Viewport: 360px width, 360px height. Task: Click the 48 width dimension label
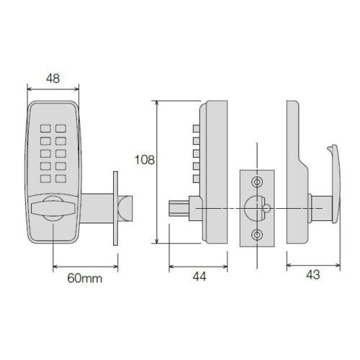[53, 78]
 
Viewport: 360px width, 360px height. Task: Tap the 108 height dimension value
[145, 160]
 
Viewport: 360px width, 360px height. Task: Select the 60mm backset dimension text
[85, 279]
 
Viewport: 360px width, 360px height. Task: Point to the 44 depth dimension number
[199, 276]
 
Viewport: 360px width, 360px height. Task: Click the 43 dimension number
[313, 274]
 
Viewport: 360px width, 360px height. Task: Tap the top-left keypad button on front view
[45, 128]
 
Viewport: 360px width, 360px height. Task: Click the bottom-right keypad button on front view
[60, 179]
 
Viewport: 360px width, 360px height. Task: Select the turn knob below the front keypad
[53, 208]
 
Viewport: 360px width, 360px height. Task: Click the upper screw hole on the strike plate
[257, 182]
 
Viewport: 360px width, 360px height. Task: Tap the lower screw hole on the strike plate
[257, 235]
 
